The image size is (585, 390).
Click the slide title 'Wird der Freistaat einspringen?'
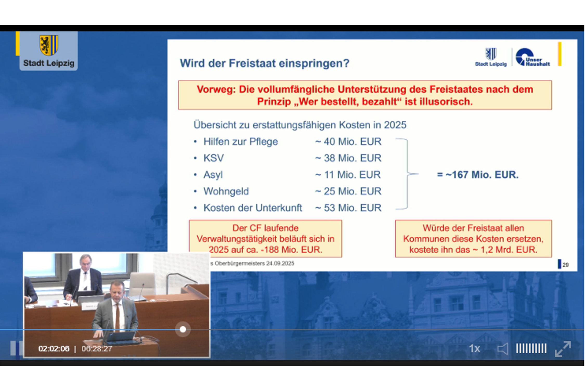coord(264,63)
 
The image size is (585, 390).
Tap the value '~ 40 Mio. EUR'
coord(348,142)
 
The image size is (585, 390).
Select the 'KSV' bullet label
coord(213,158)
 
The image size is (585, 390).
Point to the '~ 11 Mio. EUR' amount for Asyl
coord(348,175)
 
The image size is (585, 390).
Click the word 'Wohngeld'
coord(226,191)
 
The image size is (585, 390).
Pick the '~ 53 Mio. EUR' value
coord(348,208)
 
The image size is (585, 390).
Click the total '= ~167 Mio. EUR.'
coord(478,175)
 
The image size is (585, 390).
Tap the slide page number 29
coord(565,265)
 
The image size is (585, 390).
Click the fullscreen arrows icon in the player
coord(563,349)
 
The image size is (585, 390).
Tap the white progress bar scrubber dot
coord(183,329)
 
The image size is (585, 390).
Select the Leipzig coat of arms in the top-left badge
coord(49,45)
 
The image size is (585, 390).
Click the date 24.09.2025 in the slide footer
coord(280,263)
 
